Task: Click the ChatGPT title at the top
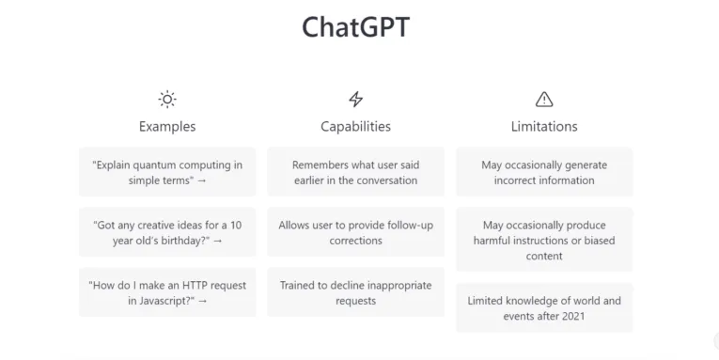coord(355,27)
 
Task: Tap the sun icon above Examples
coord(167,99)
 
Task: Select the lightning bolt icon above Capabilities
coord(355,99)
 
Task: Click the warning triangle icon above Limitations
coord(544,99)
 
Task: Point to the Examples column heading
coord(167,126)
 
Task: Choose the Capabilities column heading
coord(355,126)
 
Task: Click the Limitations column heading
coord(544,126)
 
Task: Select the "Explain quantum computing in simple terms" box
coord(167,172)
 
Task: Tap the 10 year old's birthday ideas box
coord(167,232)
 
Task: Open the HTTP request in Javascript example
coord(167,292)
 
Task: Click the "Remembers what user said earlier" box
coord(355,172)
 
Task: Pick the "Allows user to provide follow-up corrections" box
coord(355,232)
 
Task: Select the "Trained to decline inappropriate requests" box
coord(355,292)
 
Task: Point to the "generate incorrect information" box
coord(544,172)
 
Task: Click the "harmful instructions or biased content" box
coord(544,240)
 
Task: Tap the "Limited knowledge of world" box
coord(544,308)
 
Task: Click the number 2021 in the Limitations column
coord(571,317)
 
